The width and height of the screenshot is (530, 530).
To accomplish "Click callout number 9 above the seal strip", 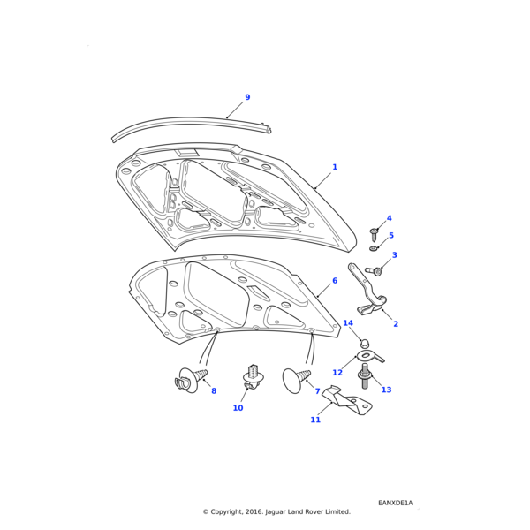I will click(247, 97).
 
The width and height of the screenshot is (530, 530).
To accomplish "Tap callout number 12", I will click(337, 373).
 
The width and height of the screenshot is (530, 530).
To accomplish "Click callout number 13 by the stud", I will click(386, 390).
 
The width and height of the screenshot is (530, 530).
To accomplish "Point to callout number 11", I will click(315, 420).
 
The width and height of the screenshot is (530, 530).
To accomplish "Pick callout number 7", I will click(317, 391).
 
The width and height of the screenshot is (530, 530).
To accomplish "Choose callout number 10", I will click(238, 408).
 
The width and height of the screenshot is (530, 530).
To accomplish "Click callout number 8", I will click(213, 391).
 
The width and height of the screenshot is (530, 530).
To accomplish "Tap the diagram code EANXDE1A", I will click(395, 503).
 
